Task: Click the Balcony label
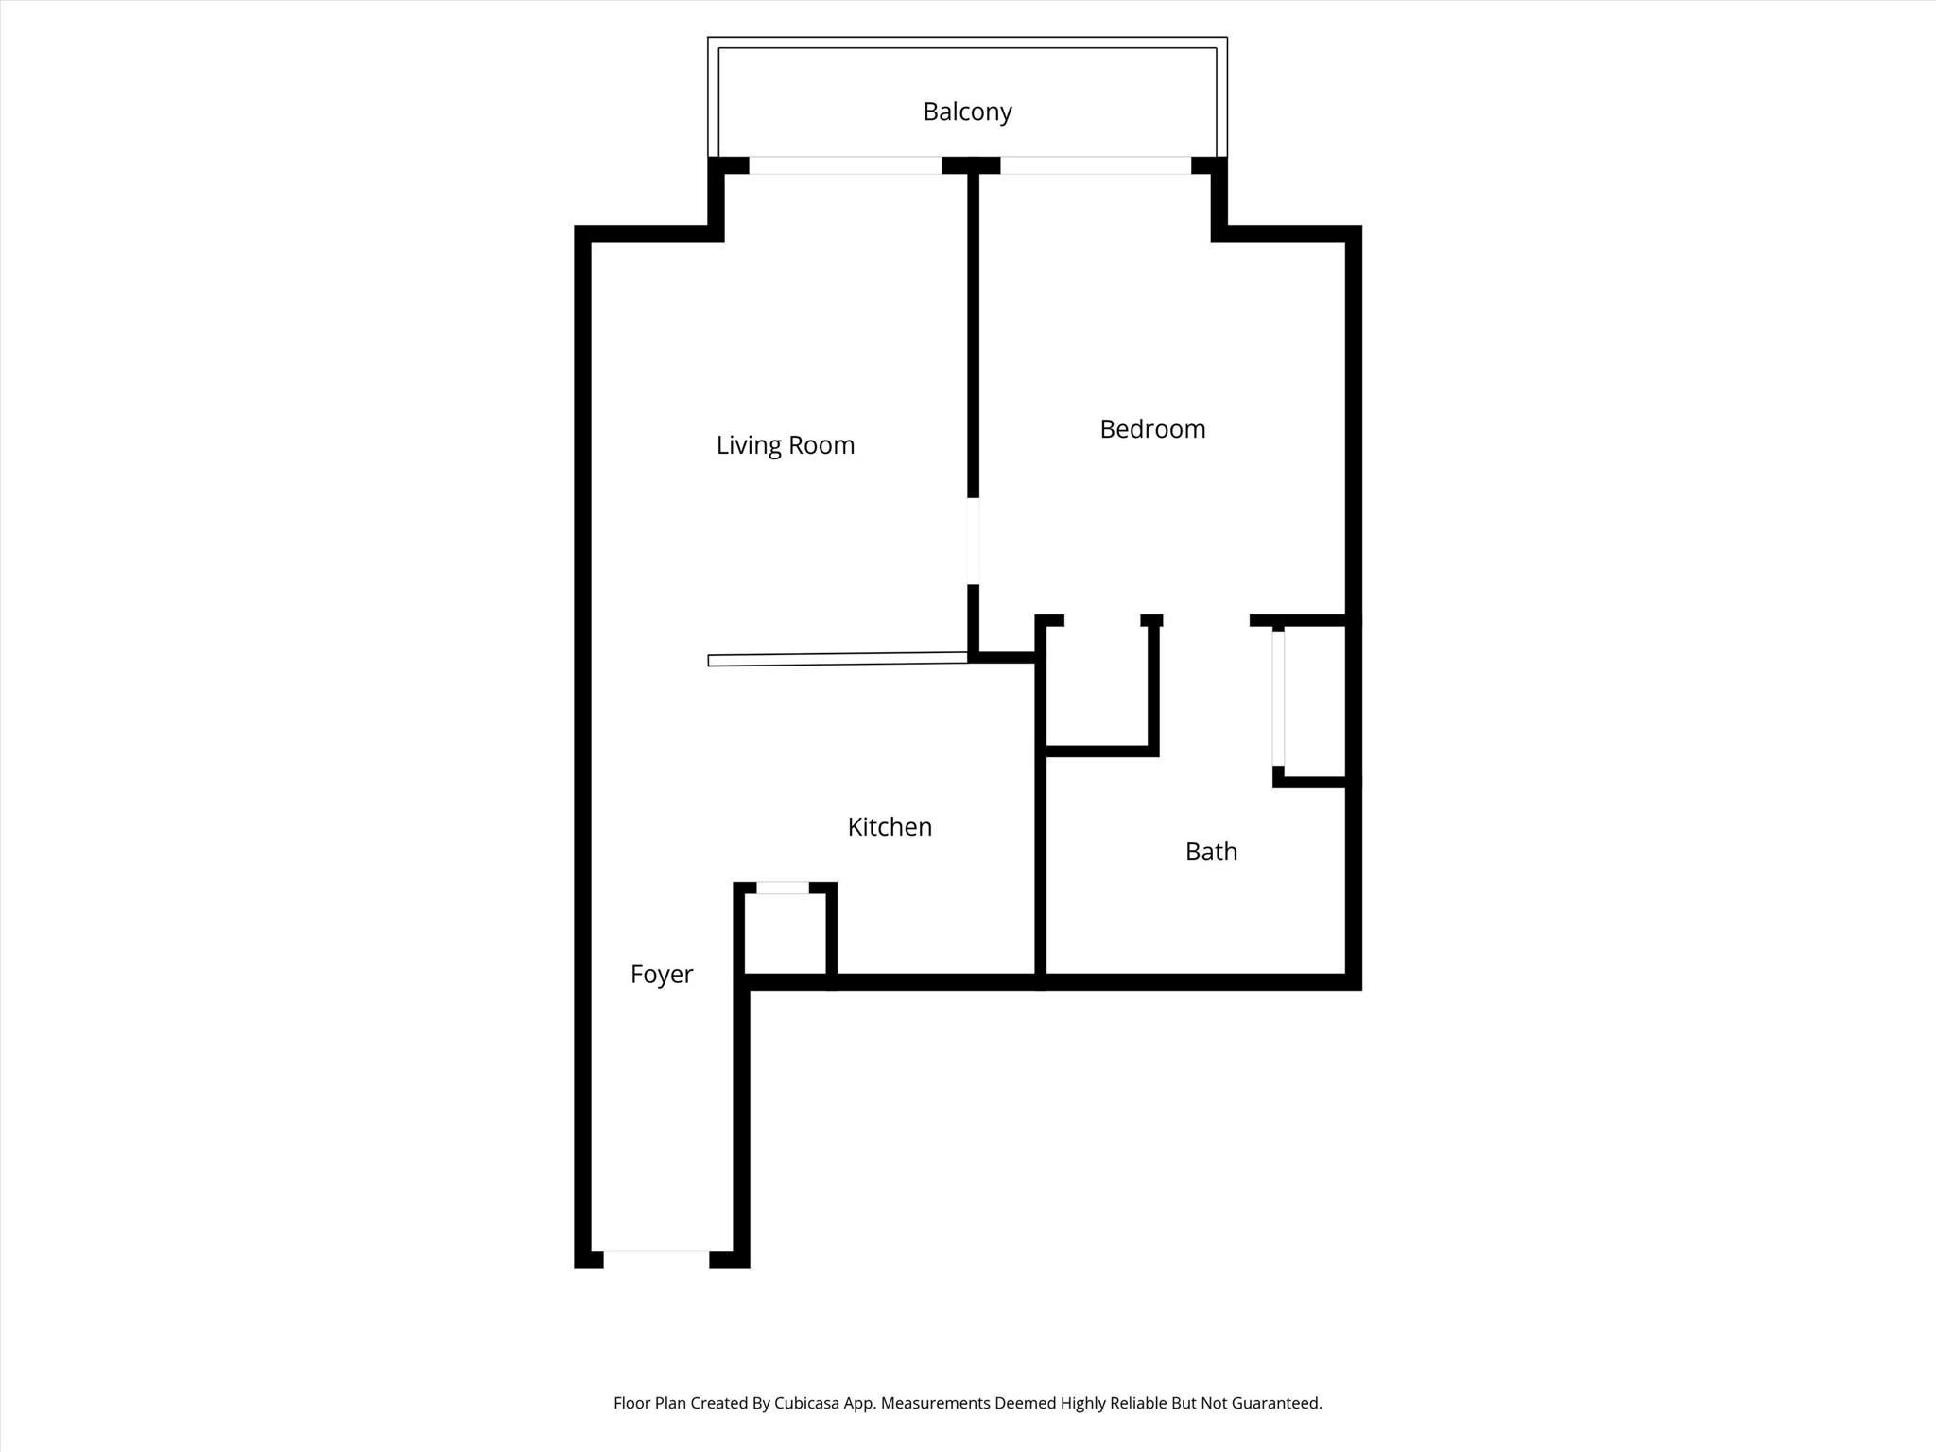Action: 967,112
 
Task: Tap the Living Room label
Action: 786,445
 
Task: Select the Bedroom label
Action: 1152,429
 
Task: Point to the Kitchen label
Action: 890,827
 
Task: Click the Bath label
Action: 1211,852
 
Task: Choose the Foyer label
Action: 662,975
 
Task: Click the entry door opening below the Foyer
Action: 656,1258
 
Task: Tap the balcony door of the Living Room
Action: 845,165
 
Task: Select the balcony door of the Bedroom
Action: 1096,165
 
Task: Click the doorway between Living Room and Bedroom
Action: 973,541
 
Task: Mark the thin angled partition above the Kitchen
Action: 838,659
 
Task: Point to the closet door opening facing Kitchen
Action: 783,888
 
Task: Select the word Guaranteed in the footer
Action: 1274,1404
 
